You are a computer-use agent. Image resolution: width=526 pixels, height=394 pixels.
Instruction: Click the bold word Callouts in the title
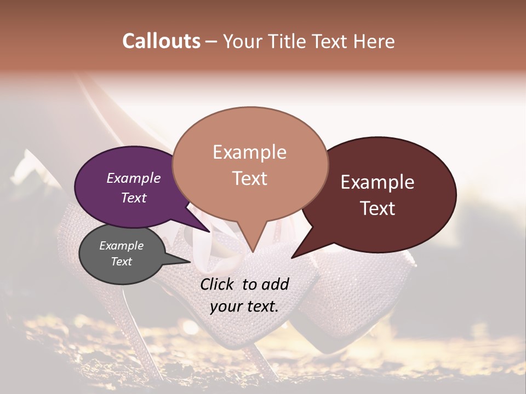tap(161, 41)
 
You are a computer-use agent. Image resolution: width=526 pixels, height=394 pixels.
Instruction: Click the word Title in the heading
tap(289, 41)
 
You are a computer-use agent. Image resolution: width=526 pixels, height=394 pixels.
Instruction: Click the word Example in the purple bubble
tap(133, 178)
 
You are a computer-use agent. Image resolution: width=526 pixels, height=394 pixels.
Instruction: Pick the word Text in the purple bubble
tap(133, 198)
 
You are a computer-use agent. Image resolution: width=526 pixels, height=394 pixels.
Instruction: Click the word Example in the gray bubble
tap(121, 246)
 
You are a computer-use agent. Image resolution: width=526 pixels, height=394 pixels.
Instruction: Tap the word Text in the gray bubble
tap(121, 262)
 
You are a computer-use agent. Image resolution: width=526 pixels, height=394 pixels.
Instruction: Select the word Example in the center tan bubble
tap(249, 152)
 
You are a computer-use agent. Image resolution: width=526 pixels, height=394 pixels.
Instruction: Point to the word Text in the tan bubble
tap(249, 178)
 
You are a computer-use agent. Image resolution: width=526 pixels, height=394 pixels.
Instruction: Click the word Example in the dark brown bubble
tap(378, 182)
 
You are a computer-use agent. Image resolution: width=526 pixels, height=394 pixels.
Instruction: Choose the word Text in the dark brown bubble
tap(378, 208)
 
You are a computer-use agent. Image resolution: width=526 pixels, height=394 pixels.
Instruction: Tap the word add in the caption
tap(276, 284)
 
